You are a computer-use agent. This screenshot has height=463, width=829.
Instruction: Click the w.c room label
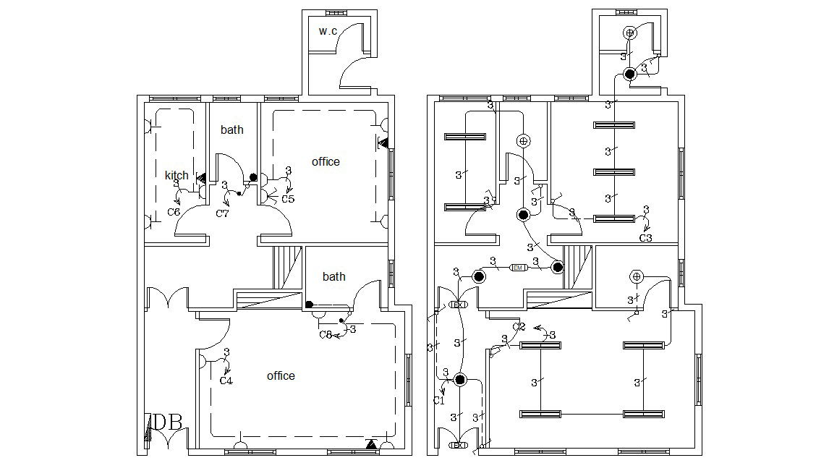[328, 31]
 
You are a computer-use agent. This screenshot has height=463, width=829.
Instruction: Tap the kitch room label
[177, 175]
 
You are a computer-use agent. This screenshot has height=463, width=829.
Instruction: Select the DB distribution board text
[168, 421]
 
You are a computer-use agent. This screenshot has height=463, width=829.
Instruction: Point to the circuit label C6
[174, 212]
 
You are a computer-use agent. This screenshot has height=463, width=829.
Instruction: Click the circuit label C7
[223, 213]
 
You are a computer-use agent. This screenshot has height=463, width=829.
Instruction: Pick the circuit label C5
[288, 199]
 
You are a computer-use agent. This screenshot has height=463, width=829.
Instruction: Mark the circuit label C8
[326, 334]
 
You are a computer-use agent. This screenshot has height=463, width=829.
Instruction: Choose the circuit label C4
[226, 381]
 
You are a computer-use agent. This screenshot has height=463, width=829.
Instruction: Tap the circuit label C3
[645, 237]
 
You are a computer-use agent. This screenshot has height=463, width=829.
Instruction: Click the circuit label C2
[518, 327]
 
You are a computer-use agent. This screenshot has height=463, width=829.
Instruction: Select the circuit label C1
[438, 400]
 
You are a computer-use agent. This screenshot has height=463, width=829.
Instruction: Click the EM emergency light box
[518, 268]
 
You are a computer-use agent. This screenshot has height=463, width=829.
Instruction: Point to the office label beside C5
[326, 161]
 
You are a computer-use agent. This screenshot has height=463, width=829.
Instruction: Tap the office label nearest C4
[281, 375]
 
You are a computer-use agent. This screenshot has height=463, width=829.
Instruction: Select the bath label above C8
[333, 276]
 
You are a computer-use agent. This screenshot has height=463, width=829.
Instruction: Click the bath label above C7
[232, 129]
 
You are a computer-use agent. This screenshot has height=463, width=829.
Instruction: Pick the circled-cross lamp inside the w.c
[630, 33]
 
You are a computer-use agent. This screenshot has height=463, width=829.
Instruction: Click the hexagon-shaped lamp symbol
[637, 276]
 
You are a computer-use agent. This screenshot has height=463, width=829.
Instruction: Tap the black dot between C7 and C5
[252, 177]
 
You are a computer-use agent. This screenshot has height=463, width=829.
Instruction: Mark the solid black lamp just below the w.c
[630, 73]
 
